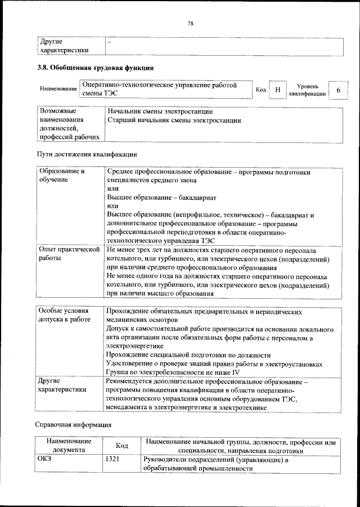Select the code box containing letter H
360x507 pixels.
point(277,90)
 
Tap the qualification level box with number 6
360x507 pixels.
point(337,90)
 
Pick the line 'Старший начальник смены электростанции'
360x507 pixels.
point(174,120)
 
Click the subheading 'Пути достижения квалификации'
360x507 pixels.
point(87,154)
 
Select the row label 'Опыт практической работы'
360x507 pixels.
point(68,253)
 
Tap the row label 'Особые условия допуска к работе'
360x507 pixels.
point(64,315)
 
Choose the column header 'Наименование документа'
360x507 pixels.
point(69,446)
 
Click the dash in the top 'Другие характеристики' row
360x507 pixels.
point(110,42)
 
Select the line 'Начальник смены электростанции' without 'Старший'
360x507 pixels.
point(160,111)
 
